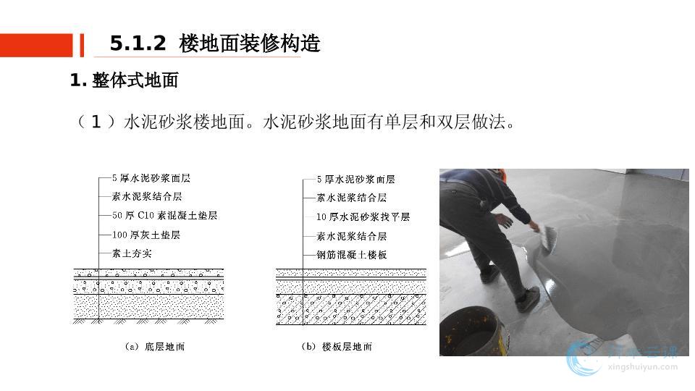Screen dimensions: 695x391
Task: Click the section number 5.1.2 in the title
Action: tap(138, 43)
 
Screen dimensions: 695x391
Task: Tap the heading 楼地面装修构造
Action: tap(250, 43)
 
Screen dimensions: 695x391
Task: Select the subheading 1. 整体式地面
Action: tap(124, 80)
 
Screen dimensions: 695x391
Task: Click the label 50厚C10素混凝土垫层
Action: tap(164, 216)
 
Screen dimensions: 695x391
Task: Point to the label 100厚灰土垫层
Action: tap(146, 235)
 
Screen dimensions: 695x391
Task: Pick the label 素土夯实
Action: tap(132, 253)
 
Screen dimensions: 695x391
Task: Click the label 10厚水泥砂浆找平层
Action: tap(363, 216)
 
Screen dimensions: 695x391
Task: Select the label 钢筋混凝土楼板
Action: tap(352, 255)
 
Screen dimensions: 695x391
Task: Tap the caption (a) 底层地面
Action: tap(155, 347)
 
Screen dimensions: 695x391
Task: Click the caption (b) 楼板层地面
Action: tap(337, 347)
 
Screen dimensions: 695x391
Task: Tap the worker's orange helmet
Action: tap(501, 175)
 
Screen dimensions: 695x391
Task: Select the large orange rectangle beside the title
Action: tap(36, 45)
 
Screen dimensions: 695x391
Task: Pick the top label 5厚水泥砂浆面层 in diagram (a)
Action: tap(151, 178)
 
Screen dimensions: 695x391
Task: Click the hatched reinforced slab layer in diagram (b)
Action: tap(351, 310)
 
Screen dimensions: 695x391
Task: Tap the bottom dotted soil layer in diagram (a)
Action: tap(148, 306)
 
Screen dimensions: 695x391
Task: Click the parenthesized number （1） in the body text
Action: tap(96, 122)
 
